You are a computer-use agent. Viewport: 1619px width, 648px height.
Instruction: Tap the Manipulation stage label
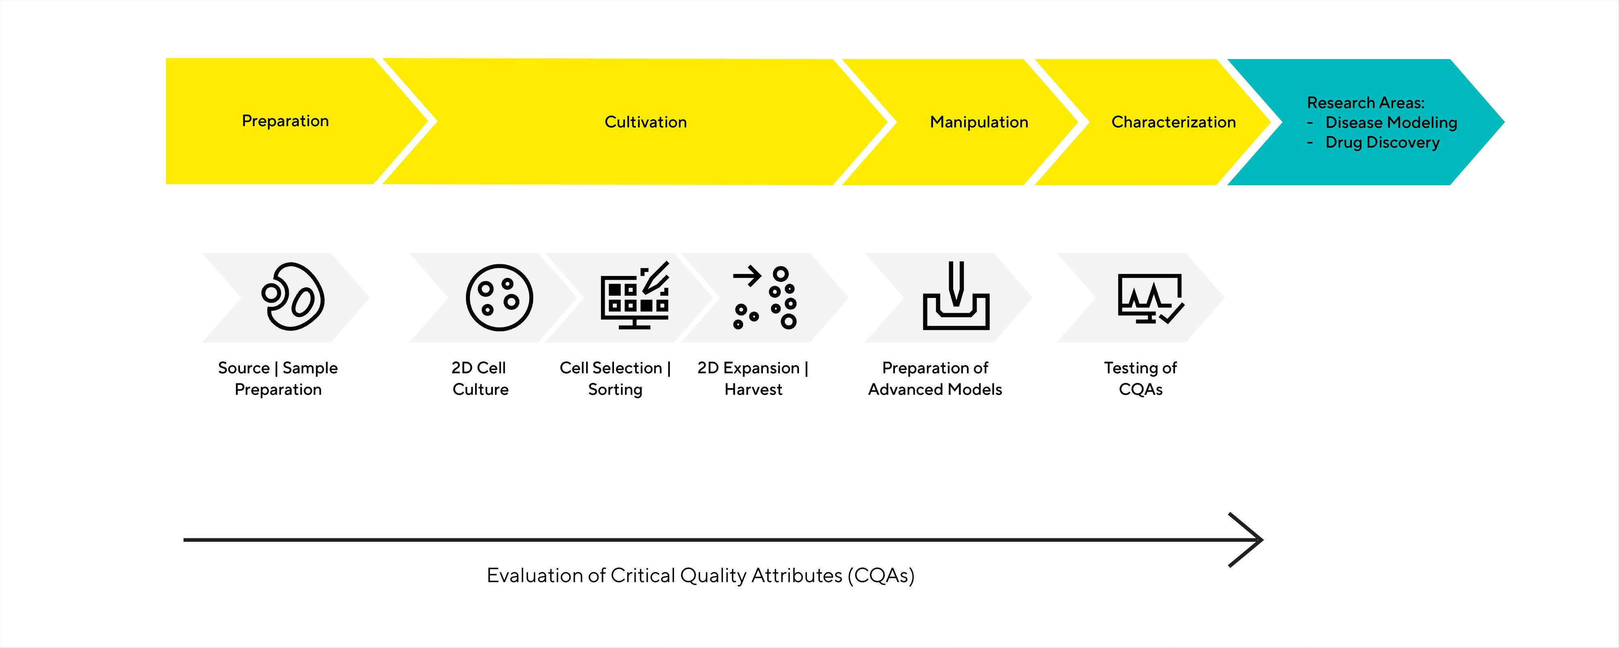[x=979, y=122]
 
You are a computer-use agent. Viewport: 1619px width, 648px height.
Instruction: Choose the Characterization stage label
[x=1173, y=122]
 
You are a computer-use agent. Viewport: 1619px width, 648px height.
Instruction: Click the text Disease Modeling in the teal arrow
[x=1390, y=123]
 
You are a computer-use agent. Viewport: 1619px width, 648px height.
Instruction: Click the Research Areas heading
[x=1365, y=102]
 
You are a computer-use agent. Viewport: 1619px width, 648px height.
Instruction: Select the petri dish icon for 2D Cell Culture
[x=499, y=297]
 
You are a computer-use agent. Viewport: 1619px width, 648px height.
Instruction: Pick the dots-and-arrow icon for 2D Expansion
[x=764, y=297]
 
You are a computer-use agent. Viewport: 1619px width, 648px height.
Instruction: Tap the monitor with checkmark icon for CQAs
[x=1150, y=298]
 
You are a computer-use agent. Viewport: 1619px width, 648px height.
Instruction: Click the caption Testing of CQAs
[x=1140, y=378]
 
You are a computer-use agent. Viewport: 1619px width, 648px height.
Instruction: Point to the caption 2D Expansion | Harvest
[x=752, y=378]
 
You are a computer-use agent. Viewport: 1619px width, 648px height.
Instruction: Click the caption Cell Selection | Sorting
[x=615, y=378]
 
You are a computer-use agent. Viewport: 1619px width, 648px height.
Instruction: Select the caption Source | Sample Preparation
[x=278, y=378]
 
